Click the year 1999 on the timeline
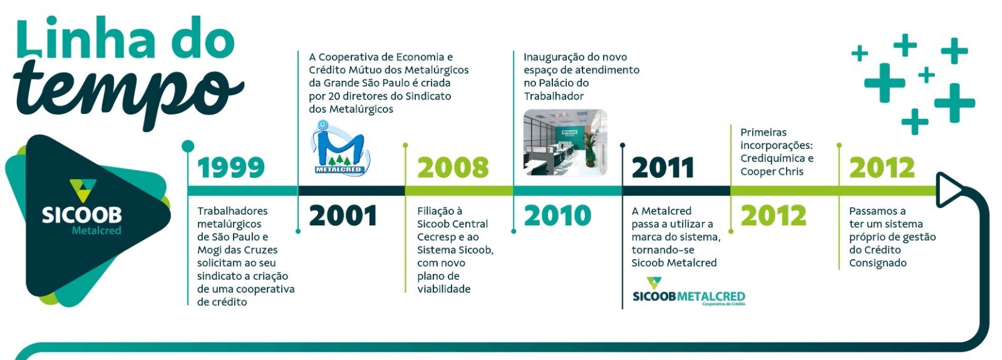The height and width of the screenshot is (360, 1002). point(231,168)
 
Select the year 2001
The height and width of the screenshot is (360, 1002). point(343,215)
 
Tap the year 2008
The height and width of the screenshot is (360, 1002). point(453,168)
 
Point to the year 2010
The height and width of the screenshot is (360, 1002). point(557,215)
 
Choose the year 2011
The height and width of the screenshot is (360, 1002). point(663,168)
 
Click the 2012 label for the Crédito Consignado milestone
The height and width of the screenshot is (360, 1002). point(882,168)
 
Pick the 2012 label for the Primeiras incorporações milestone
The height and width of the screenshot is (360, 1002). point(773,215)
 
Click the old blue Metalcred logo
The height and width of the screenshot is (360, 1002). point(340,148)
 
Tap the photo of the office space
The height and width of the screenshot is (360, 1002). point(566,142)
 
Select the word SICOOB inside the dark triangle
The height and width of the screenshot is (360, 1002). point(82,215)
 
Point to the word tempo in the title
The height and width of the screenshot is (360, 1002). point(130,91)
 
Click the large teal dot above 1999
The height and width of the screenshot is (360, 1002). point(189,146)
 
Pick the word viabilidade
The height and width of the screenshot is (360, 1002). point(444,289)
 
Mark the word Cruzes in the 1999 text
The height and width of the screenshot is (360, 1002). point(262,250)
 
